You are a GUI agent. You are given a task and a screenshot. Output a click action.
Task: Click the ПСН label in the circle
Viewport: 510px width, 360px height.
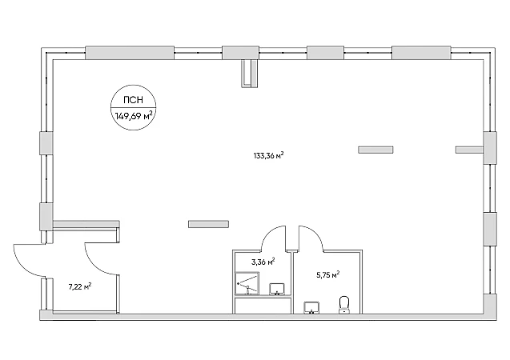[134, 100]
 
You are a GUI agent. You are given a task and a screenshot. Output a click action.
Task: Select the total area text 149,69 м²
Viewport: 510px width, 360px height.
[134, 115]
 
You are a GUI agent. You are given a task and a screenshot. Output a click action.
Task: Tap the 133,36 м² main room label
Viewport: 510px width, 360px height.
[269, 155]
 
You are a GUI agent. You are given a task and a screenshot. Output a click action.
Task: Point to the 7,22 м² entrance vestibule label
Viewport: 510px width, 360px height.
[80, 286]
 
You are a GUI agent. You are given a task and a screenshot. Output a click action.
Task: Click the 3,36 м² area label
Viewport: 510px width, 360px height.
[263, 262]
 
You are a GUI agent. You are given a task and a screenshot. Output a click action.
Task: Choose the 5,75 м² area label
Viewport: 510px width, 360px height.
[328, 275]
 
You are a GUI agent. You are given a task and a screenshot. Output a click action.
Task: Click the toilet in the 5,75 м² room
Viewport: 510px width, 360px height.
[344, 305]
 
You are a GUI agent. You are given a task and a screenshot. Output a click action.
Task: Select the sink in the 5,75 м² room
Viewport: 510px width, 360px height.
[311, 308]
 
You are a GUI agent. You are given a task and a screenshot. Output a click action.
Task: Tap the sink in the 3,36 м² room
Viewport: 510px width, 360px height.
[277, 289]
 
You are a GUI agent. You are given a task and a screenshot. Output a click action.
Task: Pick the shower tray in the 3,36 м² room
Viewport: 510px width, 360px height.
[247, 283]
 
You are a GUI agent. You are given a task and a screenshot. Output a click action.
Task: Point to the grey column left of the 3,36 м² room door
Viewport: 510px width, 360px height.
[208, 224]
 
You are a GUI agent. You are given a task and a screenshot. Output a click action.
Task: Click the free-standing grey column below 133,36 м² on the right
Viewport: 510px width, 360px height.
[375, 150]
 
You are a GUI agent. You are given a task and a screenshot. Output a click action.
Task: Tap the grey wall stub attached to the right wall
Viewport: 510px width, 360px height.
[469, 150]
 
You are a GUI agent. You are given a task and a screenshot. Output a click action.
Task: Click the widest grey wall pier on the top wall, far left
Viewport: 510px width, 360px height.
[130, 53]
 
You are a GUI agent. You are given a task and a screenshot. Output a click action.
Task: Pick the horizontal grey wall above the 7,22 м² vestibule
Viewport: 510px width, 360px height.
[86, 224]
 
